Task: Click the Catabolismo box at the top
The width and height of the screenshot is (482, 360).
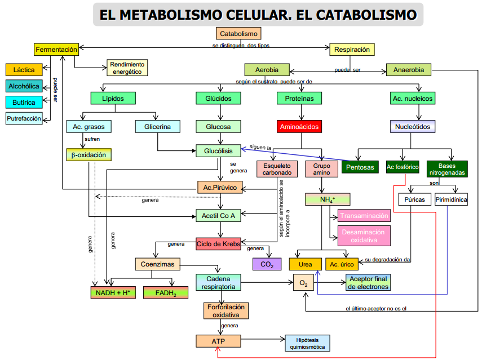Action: pyautogui.click(x=238, y=34)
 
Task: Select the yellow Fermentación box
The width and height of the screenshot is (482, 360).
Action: pyautogui.click(x=56, y=50)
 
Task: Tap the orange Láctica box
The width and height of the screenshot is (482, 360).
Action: pyautogui.click(x=24, y=70)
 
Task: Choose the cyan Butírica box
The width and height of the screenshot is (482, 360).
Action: pyautogui.click(x=24, y=103)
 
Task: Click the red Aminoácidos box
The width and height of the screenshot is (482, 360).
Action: pyautogui.click(x=299, y=127)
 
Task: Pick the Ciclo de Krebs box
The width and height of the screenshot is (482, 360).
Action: pyautogui.click(x=218, y=244)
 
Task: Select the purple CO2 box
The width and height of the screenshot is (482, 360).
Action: pyautogui.click(x=267, y=264)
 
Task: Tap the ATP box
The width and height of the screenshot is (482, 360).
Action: pyautogui.click(x=218, y=341)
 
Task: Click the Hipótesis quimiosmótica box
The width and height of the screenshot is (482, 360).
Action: pyautogui.click(x=308, y=343)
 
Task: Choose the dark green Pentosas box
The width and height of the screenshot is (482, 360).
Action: pyautogui.click(x=360, y=168)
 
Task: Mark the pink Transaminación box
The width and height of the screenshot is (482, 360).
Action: pyautogui.click(x=364, y=216)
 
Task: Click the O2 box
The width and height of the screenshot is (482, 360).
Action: pyautogui.click(x=303, y=283)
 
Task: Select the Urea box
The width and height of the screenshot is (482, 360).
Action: pyautogui.click(x=305, y=264)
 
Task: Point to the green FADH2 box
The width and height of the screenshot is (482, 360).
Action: pyautogui.click(x=166, y=293)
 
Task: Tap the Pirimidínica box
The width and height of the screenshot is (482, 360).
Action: pyautogui.click(x=451, y=200)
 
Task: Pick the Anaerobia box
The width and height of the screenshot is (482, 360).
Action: pyautogui.click(x=408, y=70)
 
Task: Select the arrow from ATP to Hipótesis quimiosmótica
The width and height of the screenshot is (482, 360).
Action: pyautogui.click(x=263, y=340)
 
